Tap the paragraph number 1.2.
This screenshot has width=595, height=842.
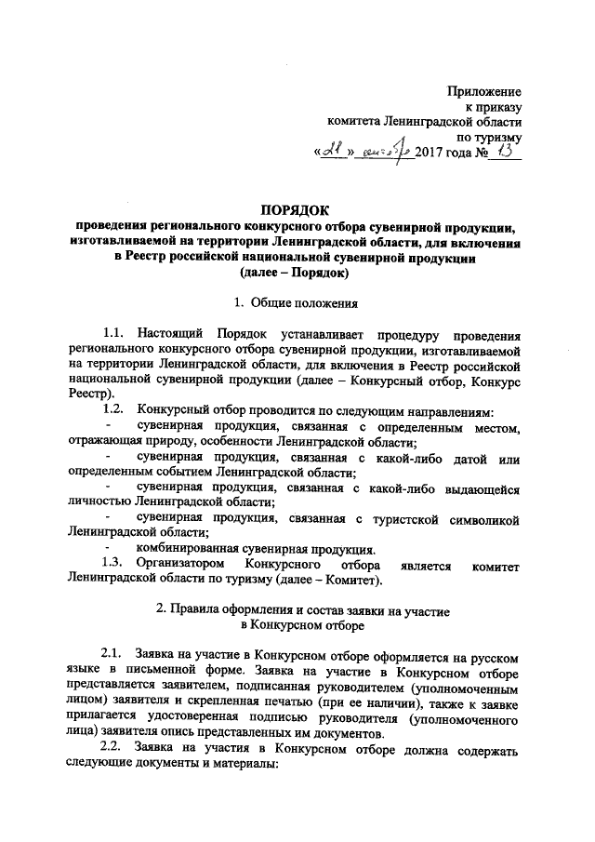coord(113,411)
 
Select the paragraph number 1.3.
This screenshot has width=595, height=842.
coord(113,564)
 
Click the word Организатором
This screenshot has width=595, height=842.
coord(179,564)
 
